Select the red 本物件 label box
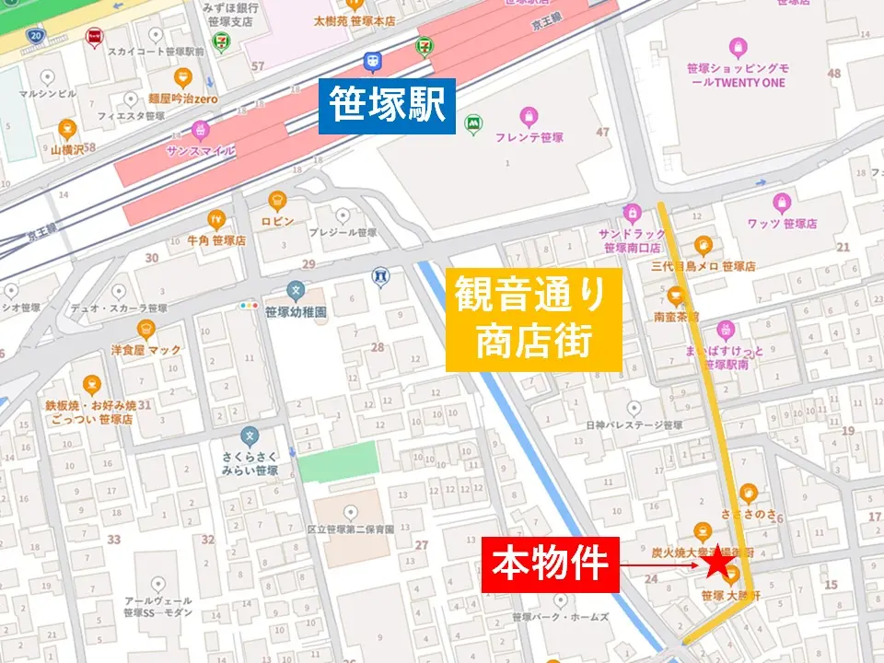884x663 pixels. [549, 564]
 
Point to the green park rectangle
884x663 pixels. [339, 460]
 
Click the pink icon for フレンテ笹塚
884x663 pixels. [528, 116]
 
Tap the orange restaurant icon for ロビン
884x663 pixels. [277, 200]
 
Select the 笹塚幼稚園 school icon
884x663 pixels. [295, 290]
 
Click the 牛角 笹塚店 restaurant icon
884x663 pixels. [216, 219]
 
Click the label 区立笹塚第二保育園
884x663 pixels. [351, 529]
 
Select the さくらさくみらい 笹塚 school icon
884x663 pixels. [249, 436]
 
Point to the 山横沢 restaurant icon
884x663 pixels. [67, 129]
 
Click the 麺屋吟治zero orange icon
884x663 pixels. [181, 76]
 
